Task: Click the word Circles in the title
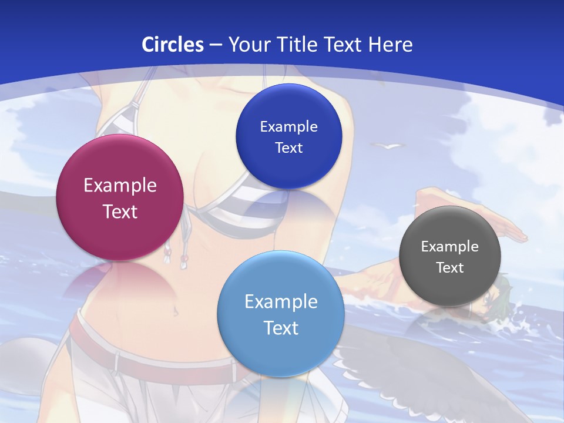[173, 45]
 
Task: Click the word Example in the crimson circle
[120, 186]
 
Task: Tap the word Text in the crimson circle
[120, 211]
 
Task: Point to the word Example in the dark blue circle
[288, 126]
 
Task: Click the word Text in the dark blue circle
[288, 147]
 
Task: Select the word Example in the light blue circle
[281, 301]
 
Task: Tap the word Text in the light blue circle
[281, 327]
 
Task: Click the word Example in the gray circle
[450, 246]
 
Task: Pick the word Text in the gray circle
[450, 267]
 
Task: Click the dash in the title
[216, 45]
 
